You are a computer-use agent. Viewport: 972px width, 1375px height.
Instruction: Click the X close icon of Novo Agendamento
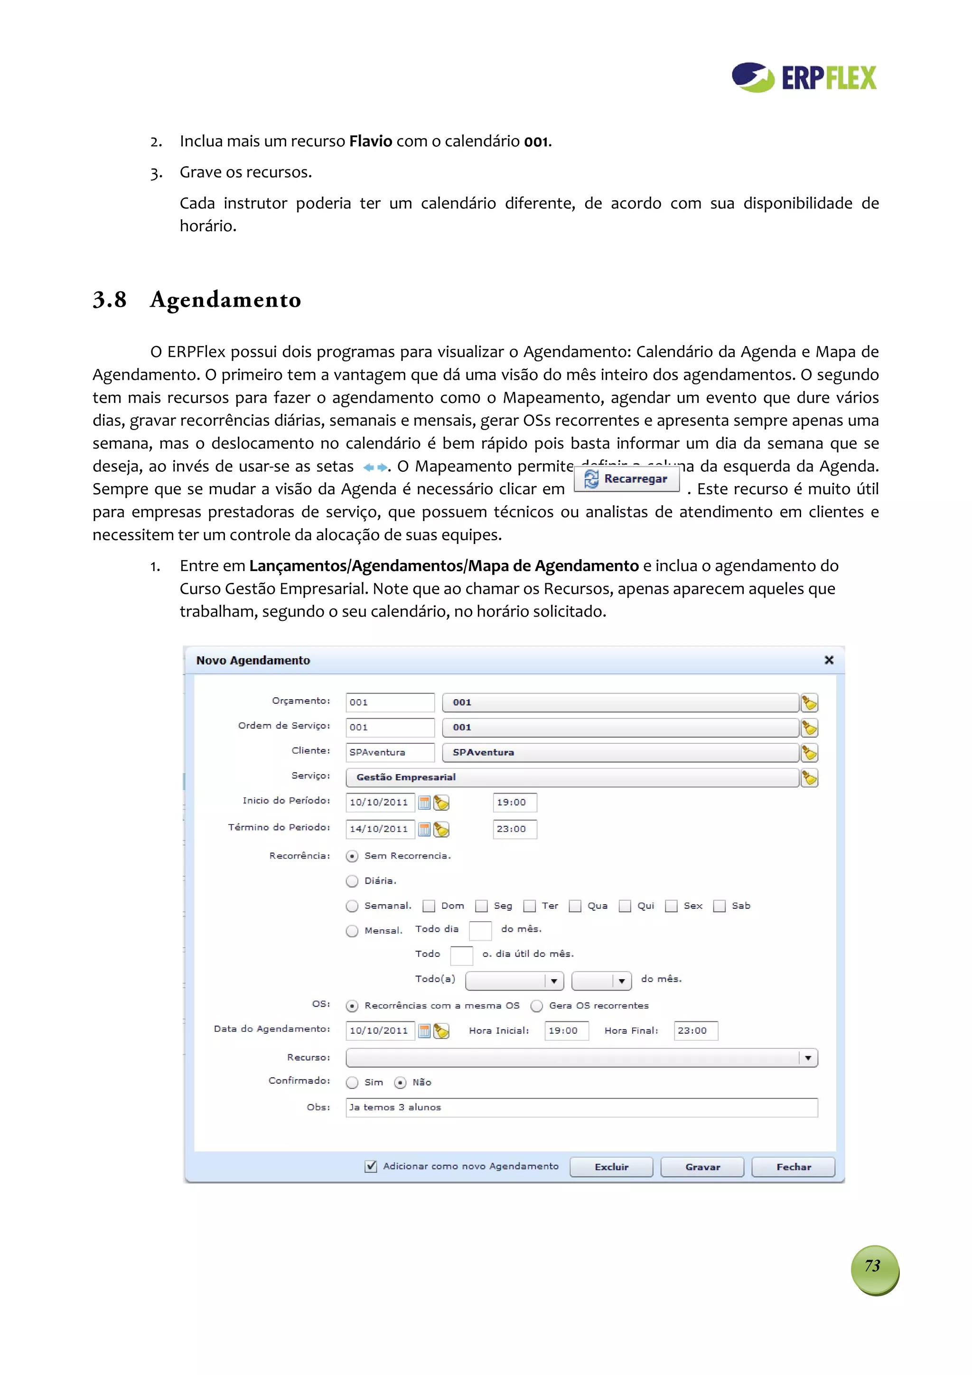pyautogui.click(x=829, y=660)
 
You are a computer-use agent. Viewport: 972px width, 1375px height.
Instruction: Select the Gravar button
pyautogui.click(x=702, y=1167)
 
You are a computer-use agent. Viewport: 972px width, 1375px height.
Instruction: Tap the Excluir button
pyautogui.click(x=611, y=1167)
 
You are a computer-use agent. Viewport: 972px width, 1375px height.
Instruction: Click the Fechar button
pyautogui.click(x=793, y=1167)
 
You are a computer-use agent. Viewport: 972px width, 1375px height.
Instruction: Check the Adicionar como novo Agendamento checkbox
pyautogui.click(x=371, y=1166)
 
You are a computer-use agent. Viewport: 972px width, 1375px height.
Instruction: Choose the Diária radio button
pyautogui.click(x=352, y=881)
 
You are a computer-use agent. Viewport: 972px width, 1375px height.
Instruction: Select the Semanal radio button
pyautogui.click(x=352, y=906)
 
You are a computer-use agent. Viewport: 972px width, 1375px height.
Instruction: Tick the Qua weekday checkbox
pyautogui.click(x=575, y=906)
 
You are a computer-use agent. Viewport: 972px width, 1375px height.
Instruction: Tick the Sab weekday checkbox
pyautogui.click(x=719, y=906)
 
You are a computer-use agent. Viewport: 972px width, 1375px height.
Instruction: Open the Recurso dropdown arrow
pyautogui.click(x=808, y=1057)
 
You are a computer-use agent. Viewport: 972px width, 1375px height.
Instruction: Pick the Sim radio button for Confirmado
pyautogui.click(x=352, y=1082)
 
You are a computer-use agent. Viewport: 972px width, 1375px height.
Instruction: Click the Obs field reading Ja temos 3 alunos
pyautogui.click(x=581, y=1107)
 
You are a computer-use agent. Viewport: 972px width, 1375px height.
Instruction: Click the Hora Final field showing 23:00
pyautogui.click(x=695, y=1030)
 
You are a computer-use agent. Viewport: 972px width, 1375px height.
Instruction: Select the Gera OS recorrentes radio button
pyautogui.click(x=537, y=1006)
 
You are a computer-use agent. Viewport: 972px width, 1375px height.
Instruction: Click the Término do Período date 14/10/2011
pyautogui.click(x=380, y=830)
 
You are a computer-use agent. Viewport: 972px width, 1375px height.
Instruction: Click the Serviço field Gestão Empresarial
pyautogui.click(x=572, y=777)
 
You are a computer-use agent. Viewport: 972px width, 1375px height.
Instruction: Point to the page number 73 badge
pyautogui.click(x=874, y=1270)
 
